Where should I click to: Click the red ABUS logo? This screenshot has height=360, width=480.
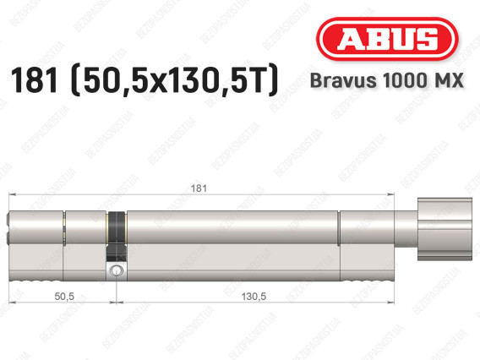385,40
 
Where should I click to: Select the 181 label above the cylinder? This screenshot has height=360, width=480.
196,188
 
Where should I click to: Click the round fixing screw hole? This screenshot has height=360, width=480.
115,270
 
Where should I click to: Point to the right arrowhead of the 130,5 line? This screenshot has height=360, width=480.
394,304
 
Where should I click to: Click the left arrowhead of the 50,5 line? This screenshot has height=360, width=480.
12,304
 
